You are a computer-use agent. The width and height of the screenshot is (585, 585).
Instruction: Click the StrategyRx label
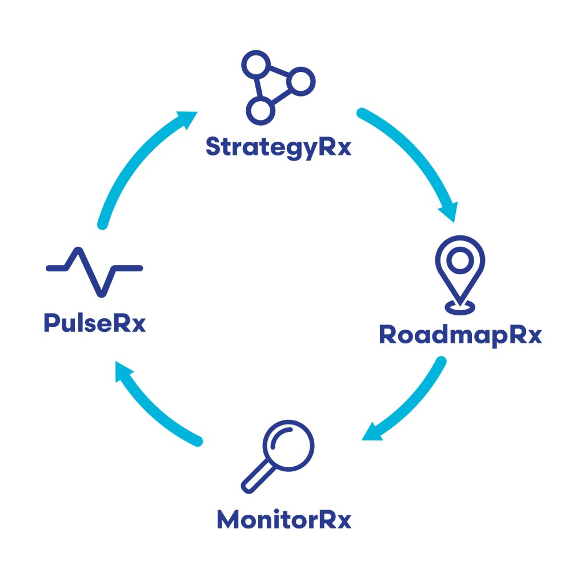tap(278, 147)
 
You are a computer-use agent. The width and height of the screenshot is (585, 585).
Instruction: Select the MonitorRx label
tap(284, 520)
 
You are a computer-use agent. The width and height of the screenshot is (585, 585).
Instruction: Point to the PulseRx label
tap(95, 324)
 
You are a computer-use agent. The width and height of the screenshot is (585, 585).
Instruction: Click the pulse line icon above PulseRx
tap(94, 271)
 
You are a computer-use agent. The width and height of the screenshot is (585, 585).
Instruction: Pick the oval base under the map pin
tap(459, 307)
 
